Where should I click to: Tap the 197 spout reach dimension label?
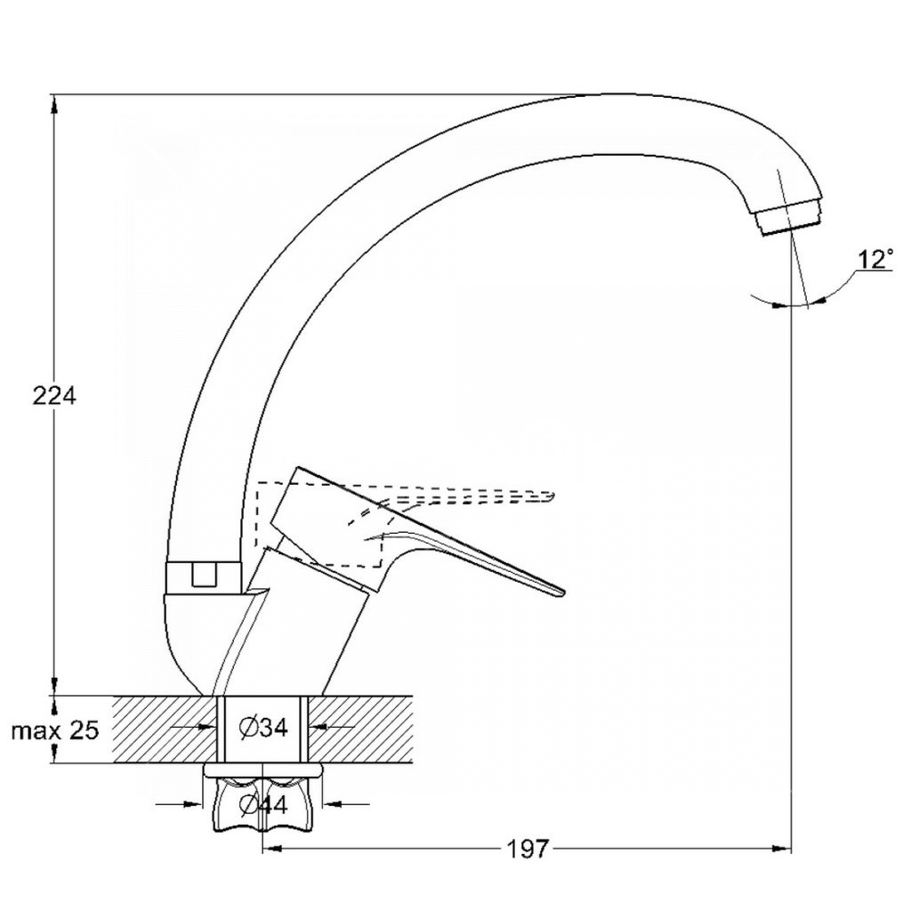click(x=528, y=849)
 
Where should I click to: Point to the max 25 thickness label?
click(x=55, y=730)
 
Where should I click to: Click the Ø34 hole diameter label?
click(x=263, y=727)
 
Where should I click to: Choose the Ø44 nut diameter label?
click(x=263, y=804)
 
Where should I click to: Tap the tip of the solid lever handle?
click(x=562, y=592)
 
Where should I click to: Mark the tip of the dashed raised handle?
click(x=553, y=496)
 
